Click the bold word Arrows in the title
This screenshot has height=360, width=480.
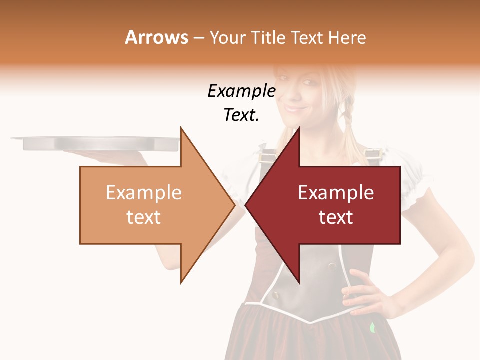pyautogui.click(x=157, y=37)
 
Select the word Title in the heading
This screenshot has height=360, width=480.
pyautogui.click(x=268, y=38)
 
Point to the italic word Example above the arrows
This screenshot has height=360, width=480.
pyautogui.click(x=241, y=91)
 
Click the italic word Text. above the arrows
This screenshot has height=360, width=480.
pyautogui.click(x=241, y=115)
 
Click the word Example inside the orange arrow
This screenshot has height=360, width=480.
pyautogui.click(x=143, y=193)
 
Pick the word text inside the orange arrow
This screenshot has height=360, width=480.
pyautogui.click(x=143, y=217)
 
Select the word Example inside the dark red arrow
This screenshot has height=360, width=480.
pyautogui.click(x=336, y=193)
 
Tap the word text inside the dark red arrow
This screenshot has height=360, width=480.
pyautogui.click(x=336, y=217)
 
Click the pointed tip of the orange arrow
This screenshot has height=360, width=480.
pyautogui.click(x=235, y=205)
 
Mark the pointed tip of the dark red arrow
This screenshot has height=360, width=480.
pyautogui.click(x=246, y=205)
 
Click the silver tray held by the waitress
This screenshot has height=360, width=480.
pyautogui.click(x=95, y=143)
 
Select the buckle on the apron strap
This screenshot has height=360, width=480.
pyautogui.click(x=371, y=153)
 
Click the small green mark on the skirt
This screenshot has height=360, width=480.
pyautogui.click(x=372, y=328)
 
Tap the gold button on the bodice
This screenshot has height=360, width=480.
pyautogui.click(x=274, y=294)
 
